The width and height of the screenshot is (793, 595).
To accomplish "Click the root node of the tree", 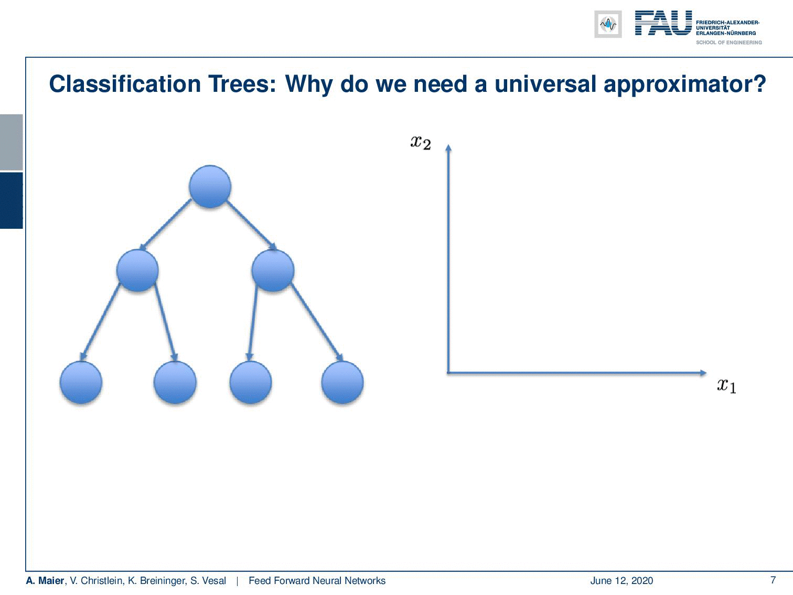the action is [210, 186].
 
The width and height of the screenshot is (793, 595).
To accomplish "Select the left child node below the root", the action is [137, 270].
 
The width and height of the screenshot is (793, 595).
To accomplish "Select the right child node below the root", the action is [273, 270].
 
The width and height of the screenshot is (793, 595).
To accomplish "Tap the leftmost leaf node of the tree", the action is [81, 382].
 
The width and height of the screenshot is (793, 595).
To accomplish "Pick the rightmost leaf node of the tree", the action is [342, 382].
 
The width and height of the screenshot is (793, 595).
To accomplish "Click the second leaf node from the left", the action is [175, 382].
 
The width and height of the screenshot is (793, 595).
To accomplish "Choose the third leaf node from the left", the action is [251, 382].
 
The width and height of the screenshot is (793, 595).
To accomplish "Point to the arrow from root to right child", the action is [252, 225].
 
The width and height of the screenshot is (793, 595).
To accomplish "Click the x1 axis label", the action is [726, 386].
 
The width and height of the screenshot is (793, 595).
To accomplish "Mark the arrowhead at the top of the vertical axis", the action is [448, 147].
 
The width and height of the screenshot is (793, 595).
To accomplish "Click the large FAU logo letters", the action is [663, 23].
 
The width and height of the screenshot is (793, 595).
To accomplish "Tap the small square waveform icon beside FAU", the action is [608, 24].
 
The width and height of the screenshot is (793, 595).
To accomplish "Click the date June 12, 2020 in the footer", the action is [621, 581].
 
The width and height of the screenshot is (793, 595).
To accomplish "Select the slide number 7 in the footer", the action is [773, 580].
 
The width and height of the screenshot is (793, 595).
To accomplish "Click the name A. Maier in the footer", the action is [45, 580].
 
